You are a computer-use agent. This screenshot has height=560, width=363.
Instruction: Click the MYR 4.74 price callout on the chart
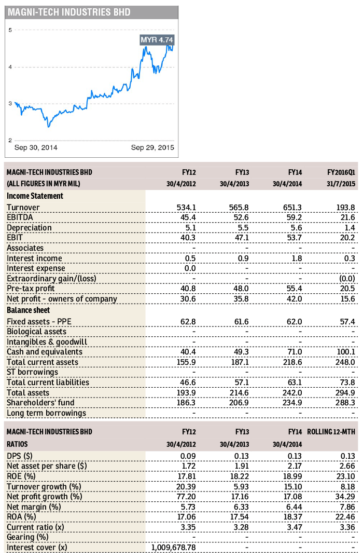[157, 40]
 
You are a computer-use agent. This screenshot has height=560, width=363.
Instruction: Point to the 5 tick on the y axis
[10, 30]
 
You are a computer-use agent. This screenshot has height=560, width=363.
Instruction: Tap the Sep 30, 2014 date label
[36, 148]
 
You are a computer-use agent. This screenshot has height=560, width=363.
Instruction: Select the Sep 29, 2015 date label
[152, 148]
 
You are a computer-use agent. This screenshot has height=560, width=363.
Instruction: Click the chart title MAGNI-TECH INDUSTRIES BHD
[69, 12]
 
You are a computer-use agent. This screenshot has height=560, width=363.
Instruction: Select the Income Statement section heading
[35, 196]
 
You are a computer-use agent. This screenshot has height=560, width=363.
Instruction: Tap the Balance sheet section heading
[30, 311]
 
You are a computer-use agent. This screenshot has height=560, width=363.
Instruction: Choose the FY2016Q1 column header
[341, 172]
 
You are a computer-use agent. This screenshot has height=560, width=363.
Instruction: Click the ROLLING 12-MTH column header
[332, 432]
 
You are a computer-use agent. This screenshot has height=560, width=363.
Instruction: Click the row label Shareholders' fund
[40, 403]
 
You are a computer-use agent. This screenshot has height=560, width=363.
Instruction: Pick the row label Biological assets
[36, 332]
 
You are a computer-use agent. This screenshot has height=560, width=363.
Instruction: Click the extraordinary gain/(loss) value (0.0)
[346, 279]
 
